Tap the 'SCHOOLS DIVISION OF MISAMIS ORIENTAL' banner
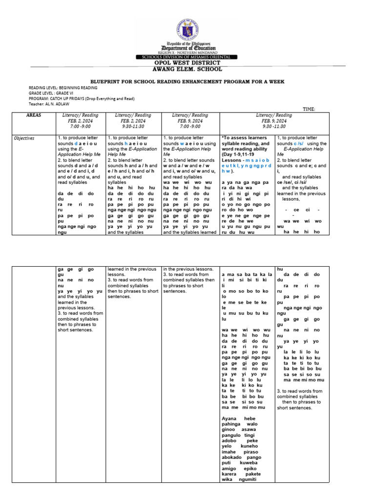(x=187, y=57)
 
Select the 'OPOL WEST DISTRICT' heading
(x=187, y=63)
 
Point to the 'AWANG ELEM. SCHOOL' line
(x=187, y=69)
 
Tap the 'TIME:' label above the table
(x=309, y=109)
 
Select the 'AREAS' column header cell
(x=34, y=115)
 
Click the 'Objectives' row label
(x=24, y=138)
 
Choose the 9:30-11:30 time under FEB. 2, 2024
(x=133, y=125)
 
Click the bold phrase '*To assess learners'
(x=245, y=138)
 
